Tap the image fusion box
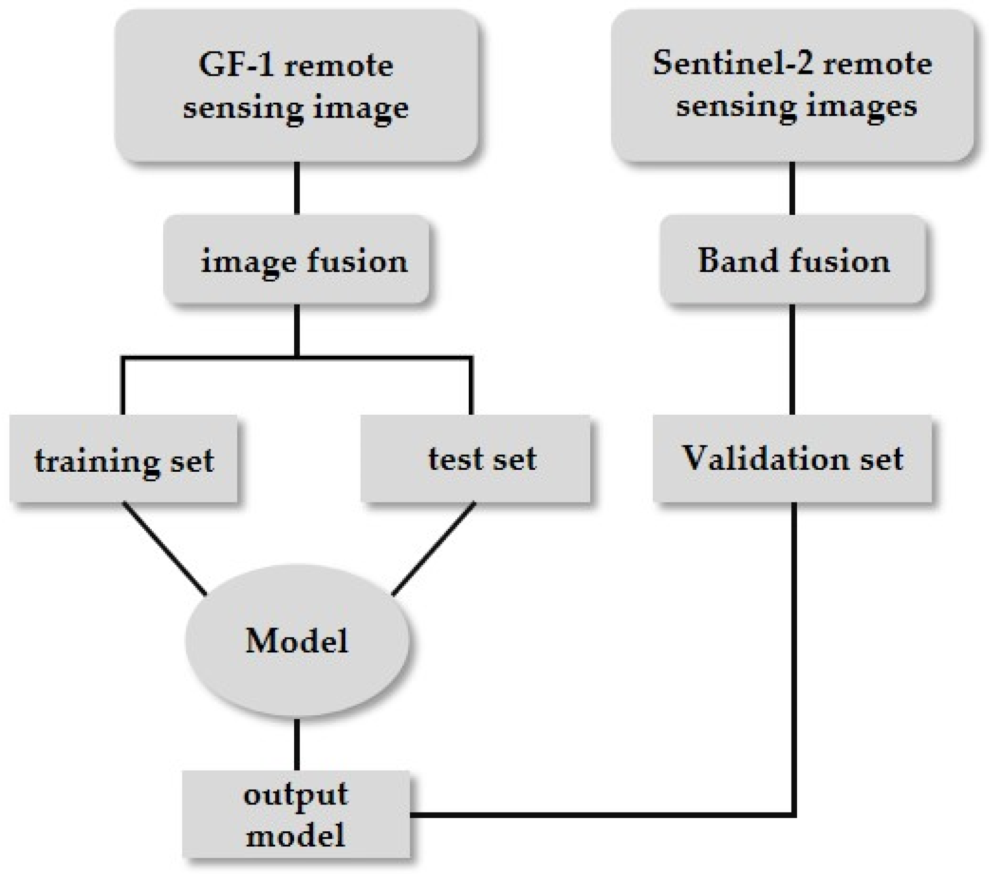pyautogui.click(x=296, y=259)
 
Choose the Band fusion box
pyautogui.click(x=792, y=259)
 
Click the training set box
pyautogui.click(x=123, y=459)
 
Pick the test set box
pyautogui.click(x=475, y=459)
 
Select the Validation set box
pyautogui.click(x=792, y=459)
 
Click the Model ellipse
pyautogui.click(x=297, y=640)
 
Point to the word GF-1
pyautogui.click(x=236, y=64)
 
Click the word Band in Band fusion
pyautogui.click(x=737, y=260)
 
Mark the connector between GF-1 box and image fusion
pyautogui.click(x=297, y=188)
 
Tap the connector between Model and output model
pyautogui.click(x=297, y=744)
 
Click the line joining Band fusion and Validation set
pyautogui.click(x=792, y=359)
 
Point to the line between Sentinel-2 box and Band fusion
pyautogui.click(x=792, y=188)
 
